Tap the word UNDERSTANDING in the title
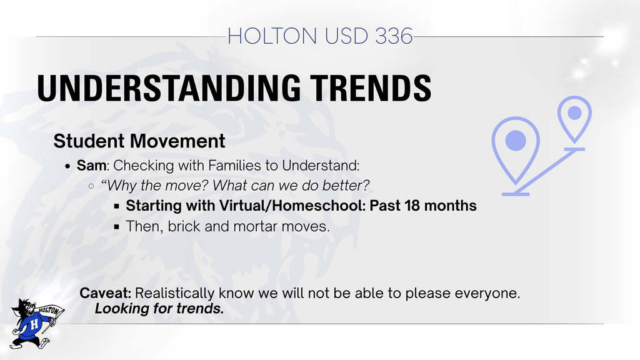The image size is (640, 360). click(160, 88)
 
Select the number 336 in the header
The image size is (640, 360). click(394, 36)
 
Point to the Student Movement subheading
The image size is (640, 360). click(139, 141)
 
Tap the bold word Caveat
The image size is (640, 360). click(106, 293)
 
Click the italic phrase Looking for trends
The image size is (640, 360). click(159, 308)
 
